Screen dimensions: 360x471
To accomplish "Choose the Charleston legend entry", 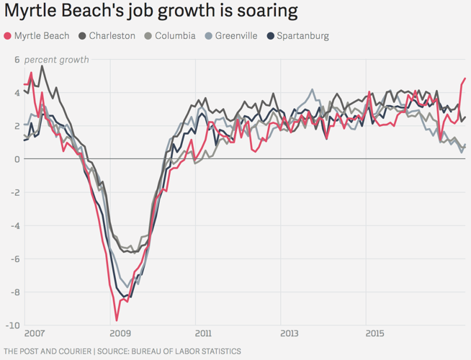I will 107,35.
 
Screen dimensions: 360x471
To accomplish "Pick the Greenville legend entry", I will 231,35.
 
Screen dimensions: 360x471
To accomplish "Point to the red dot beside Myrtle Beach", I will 8,35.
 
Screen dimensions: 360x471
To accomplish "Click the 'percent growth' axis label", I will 56,59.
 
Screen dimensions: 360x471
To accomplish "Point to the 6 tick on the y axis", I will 17,59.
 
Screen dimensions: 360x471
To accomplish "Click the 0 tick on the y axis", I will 17,158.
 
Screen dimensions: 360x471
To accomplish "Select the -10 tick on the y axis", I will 12,325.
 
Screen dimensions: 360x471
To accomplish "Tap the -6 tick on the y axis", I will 14,258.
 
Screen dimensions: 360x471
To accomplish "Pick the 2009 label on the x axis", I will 120,334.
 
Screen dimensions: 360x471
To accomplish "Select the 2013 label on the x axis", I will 290,334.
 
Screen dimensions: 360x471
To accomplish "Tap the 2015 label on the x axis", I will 374,334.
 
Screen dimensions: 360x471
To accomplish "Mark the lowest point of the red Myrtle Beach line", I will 117,320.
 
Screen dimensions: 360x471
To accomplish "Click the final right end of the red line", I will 465,78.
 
